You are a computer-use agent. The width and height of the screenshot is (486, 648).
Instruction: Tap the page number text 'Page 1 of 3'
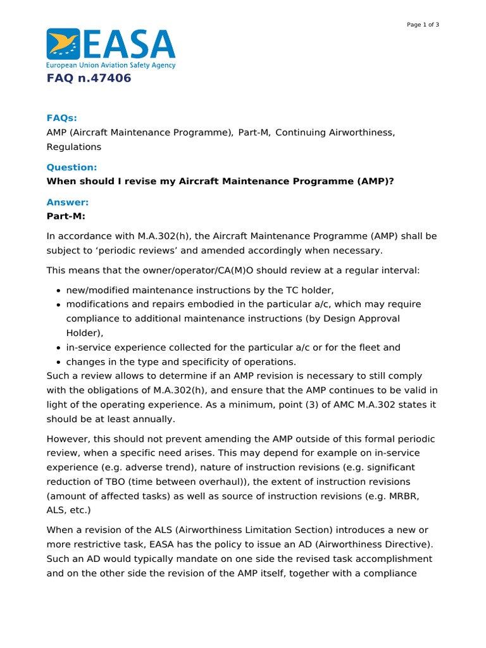point(423,25)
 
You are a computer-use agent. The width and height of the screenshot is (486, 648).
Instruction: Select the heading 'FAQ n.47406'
point(89,78)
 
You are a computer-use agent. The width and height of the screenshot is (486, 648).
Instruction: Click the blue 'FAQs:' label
point(62,118)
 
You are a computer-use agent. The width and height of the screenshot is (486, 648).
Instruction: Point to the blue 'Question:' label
point(72,167)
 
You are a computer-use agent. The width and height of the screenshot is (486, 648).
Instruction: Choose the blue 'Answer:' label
point(67,202)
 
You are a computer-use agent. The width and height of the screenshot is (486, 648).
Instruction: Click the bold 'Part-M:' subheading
point(66,216)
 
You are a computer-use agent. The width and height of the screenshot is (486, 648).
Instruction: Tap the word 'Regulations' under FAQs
point(74,147)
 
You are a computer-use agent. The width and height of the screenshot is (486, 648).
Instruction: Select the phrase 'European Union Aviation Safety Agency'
point(111,65)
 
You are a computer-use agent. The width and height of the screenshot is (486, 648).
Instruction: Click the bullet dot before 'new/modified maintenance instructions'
point(58,290)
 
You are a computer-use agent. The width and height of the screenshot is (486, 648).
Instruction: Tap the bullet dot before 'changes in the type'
point(58,363)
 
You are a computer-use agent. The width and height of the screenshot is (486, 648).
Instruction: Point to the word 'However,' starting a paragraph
point(68,439)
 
